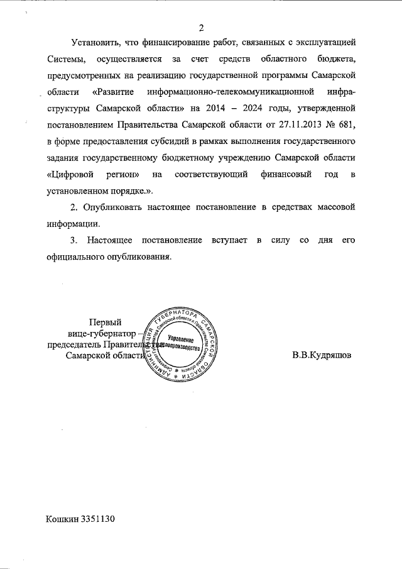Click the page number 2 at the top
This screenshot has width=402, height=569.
pos(201,27)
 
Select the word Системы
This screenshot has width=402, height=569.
pos(65,59)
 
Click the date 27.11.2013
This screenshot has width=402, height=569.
pos(291,124)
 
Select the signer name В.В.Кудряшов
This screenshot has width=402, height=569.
pos(322,355)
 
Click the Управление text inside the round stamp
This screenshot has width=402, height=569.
pos(182,340)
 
